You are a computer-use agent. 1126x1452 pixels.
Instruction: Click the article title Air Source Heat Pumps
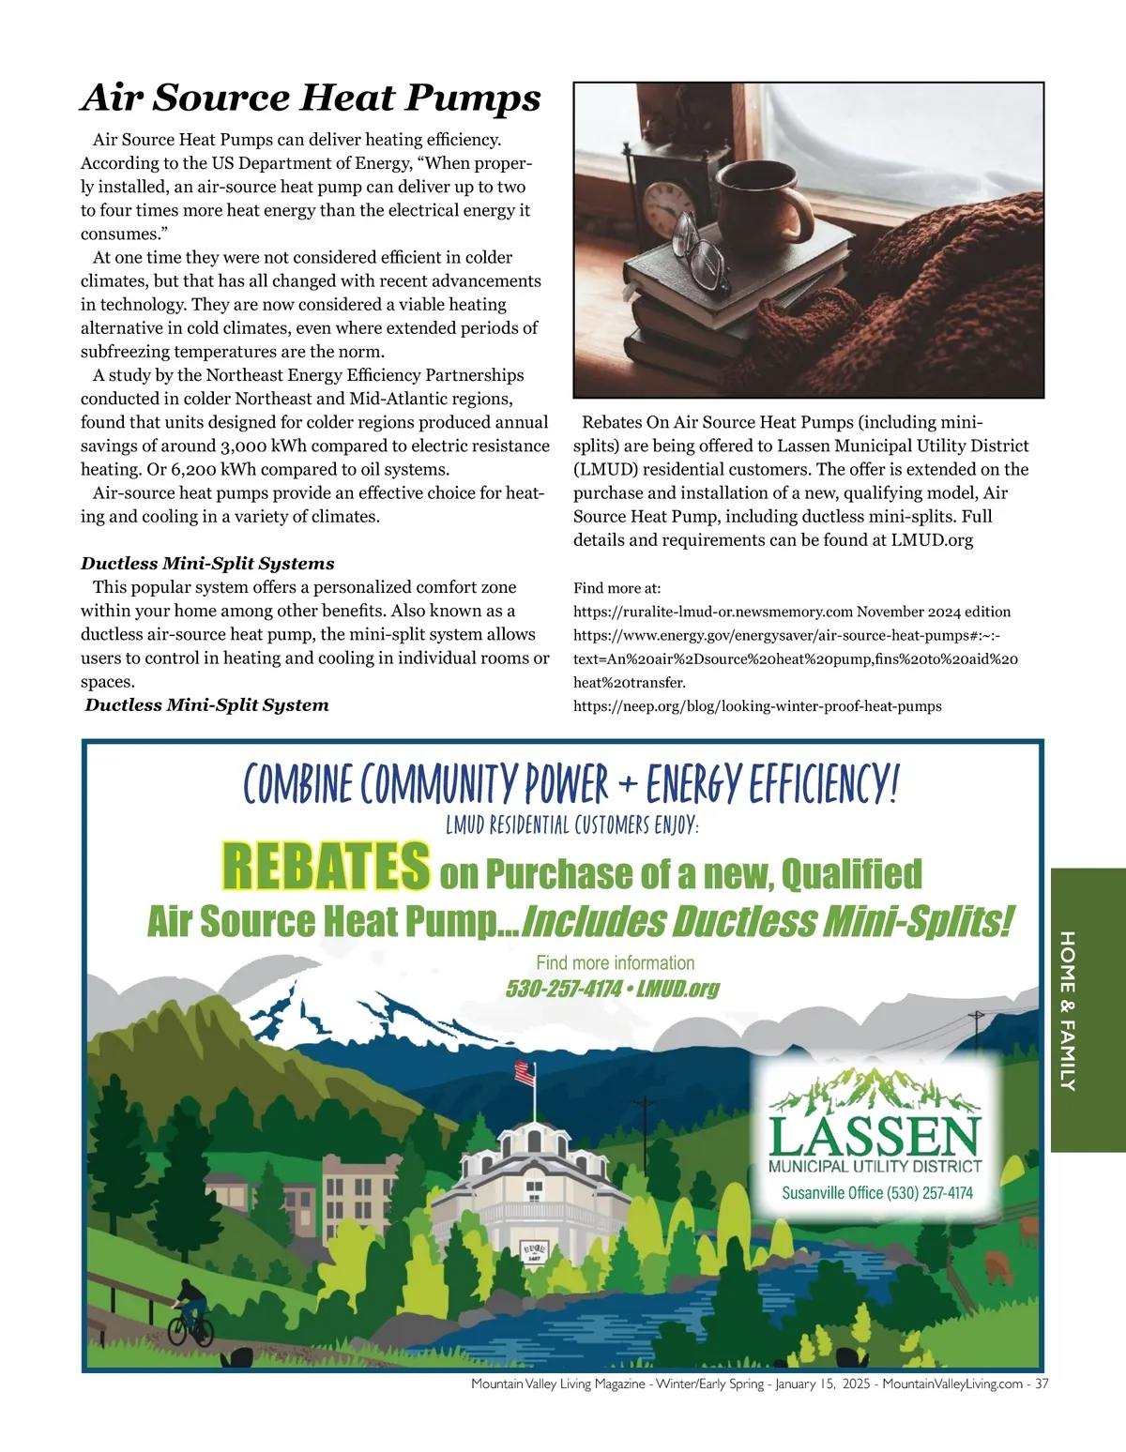311,98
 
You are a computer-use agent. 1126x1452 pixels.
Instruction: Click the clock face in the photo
668,209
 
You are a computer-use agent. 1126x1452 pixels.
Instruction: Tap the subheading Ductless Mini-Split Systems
207,564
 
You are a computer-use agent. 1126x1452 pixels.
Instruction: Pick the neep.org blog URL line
757,706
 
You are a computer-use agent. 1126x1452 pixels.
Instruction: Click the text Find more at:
616,588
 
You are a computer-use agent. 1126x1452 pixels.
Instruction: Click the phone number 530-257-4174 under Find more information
563,989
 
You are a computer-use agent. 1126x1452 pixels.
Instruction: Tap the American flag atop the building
525,1072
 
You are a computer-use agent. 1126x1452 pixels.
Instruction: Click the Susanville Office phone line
876,1193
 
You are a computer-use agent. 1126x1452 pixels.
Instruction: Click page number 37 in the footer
1042,1384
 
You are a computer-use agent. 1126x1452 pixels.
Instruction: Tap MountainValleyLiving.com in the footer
951,1384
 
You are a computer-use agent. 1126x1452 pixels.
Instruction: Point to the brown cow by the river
998,1268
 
